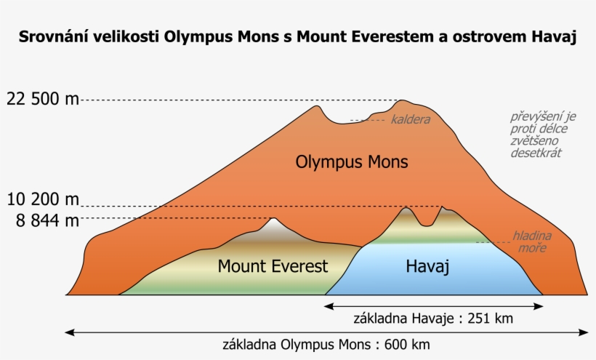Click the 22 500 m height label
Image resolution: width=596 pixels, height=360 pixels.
pyautogui.click(x=42, y=99)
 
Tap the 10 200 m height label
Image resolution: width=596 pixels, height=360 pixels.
pyautogui.click(x=42, y=199)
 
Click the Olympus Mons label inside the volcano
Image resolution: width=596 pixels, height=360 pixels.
pyautogui.click(x=352, y=161)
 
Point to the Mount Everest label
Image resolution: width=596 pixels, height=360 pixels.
pyautogui.click(x=273, y=266)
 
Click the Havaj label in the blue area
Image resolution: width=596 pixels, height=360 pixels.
pyautogui.click(x=427, y=266)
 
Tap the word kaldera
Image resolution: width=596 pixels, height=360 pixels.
pyautogui.click(x=411, y=119)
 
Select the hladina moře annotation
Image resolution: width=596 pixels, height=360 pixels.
pyautogui.click(x=532, y=242)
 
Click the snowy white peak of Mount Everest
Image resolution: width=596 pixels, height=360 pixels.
pyautogui.click(x=273, y=223)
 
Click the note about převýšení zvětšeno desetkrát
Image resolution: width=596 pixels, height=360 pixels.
pyautogui.click(x=538, y=135)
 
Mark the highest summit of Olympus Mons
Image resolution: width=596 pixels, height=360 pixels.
pyautogui.click(x=403, y=101)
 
